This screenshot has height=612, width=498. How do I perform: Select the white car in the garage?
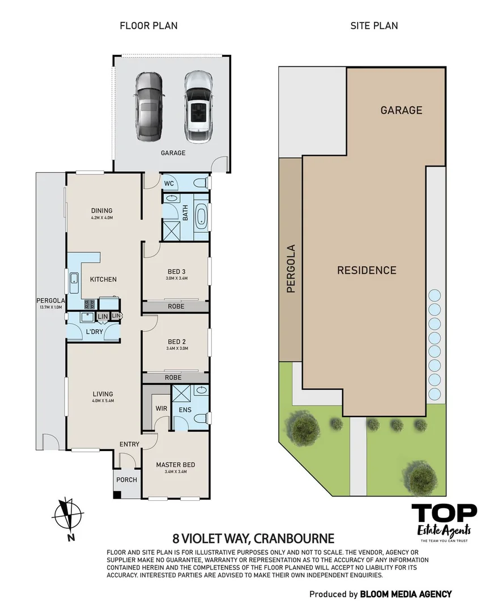[x=197, y=105]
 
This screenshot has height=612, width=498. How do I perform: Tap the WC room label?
[x=169, y=184]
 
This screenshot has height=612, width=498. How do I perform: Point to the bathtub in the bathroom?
[x=201, y=218]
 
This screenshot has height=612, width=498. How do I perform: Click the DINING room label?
[x=101, y=211]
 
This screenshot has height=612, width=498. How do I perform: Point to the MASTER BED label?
[x=176, y=465]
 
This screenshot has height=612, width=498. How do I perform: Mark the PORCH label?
[x=126, y=480]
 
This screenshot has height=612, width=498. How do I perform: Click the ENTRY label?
[x=129, y=444]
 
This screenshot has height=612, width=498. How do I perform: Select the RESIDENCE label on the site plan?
[x=367, y=270]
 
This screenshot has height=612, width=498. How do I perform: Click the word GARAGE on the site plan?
[x=401, y=110]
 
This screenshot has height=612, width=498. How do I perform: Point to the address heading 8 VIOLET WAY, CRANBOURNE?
[x=253, y=538]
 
